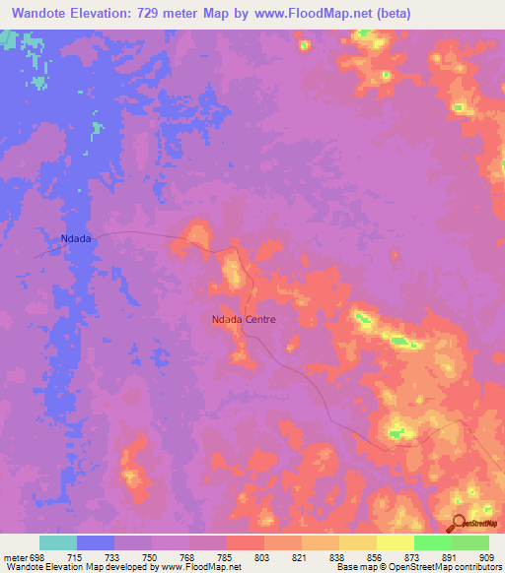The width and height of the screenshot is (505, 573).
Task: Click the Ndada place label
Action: click(76, 238)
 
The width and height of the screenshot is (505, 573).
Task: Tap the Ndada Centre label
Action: click(244, 319)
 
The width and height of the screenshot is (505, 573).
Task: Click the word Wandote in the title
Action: click(44, 13)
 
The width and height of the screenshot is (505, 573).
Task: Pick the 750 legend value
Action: click(134, 557)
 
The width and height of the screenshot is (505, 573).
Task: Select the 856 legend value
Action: click(358, 557)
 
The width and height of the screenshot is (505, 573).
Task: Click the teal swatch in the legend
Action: click(58, 542)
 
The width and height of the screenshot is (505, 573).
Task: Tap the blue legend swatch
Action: click(96, 542)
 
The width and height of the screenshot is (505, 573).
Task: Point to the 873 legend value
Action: click(396, 557)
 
